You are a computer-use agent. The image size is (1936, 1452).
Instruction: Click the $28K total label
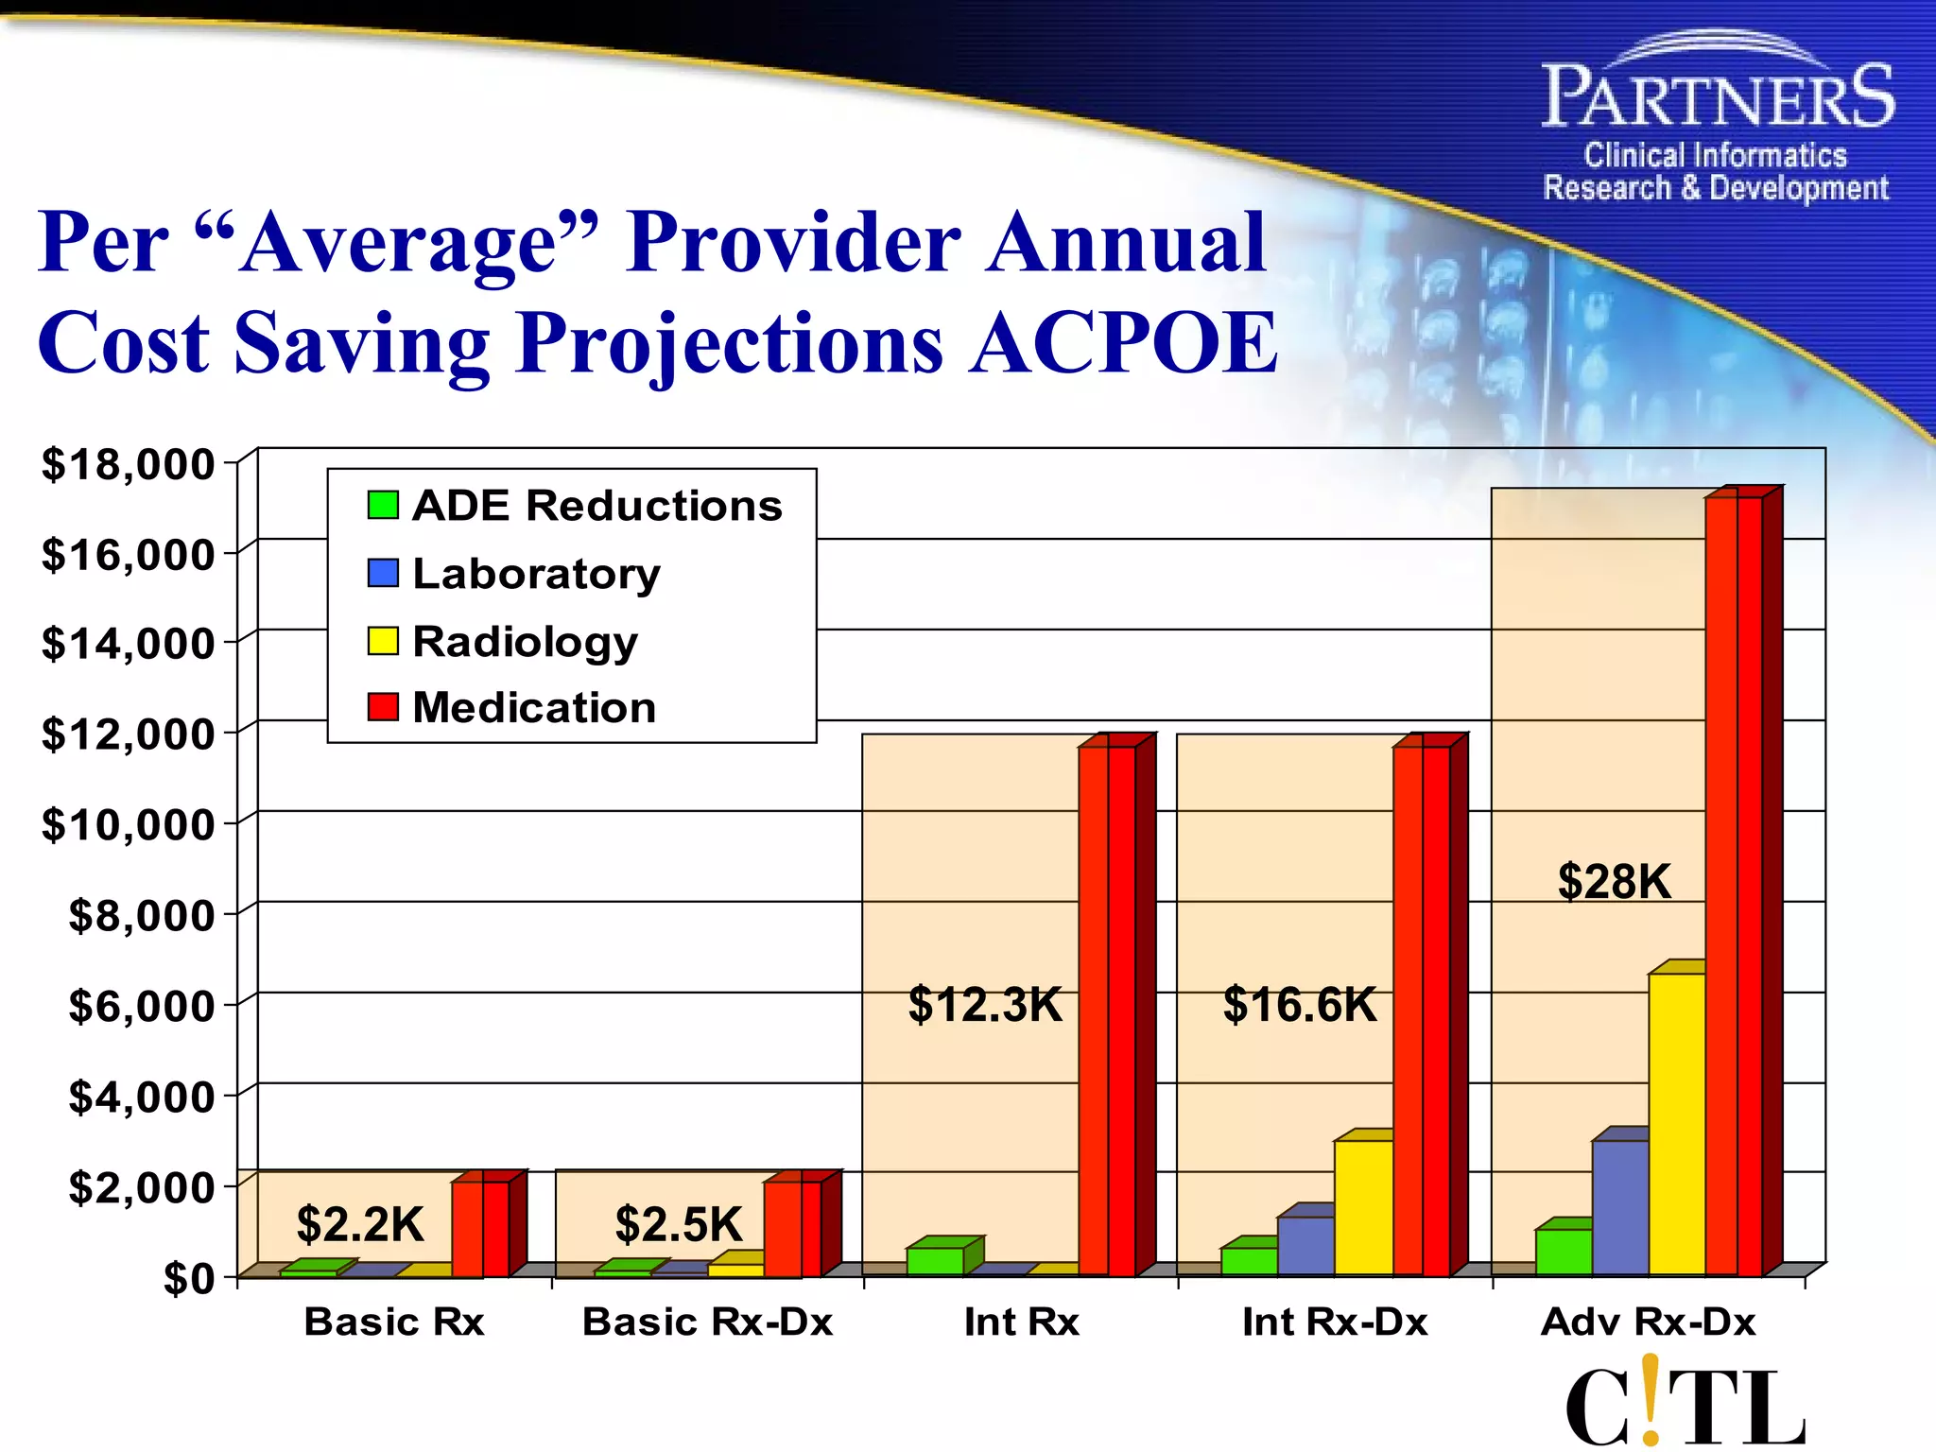(1614, 881)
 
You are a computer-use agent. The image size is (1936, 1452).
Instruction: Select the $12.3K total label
(985, 1004)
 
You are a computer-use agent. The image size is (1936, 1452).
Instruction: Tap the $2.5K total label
(678, 1224)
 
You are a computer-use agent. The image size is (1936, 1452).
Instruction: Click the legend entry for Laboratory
(536, 574)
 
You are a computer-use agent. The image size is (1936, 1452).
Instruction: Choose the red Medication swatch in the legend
(383, 707)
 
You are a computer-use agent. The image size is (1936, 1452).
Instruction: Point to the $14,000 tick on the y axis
(128, 644)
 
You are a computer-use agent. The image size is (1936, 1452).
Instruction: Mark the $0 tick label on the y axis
(188, 1278)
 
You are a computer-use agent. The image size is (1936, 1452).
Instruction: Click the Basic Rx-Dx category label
(707, 1322)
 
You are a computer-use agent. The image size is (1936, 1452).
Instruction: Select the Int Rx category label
(1021, 1322)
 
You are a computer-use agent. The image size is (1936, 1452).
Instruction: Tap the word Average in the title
(397, 242)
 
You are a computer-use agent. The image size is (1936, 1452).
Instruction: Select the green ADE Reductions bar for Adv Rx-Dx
(1563, 1251)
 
